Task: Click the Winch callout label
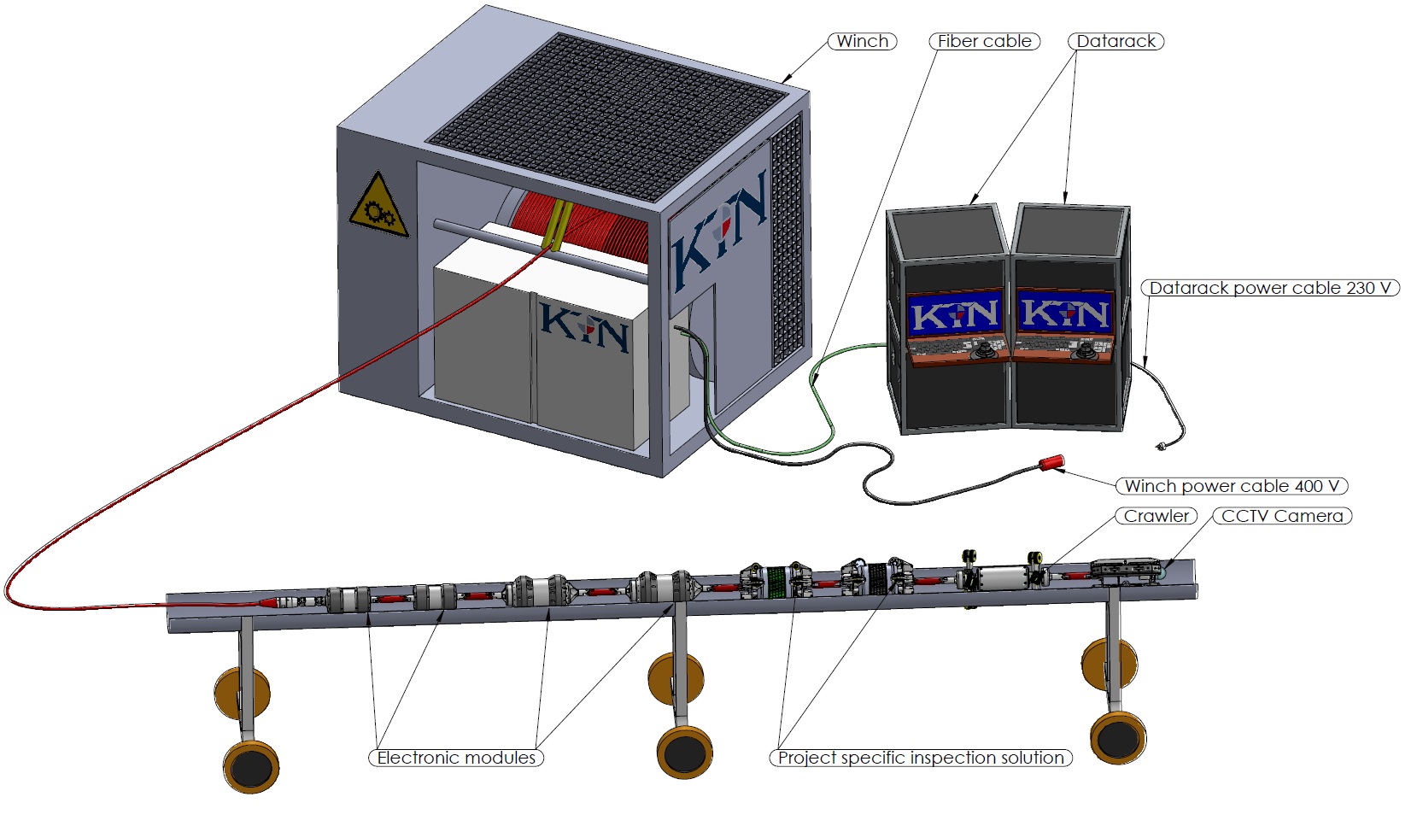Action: (x=862, y=41)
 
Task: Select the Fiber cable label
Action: (x=984, y=41)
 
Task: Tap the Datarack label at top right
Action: (x=1116, y=41)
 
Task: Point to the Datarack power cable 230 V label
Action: (x=1270, y=288)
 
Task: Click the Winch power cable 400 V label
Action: (x=1231, y=486)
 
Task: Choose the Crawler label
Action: (x=1156, y=516)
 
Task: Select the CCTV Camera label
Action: (x=1281, y=516)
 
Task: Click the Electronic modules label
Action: (x=456, y=758)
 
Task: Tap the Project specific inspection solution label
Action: (x=920, y=758)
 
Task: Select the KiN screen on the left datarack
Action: (x=955, y=315)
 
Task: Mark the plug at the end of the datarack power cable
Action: (x=1161, y=446)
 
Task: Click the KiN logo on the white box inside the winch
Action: (x=584, y=326)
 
